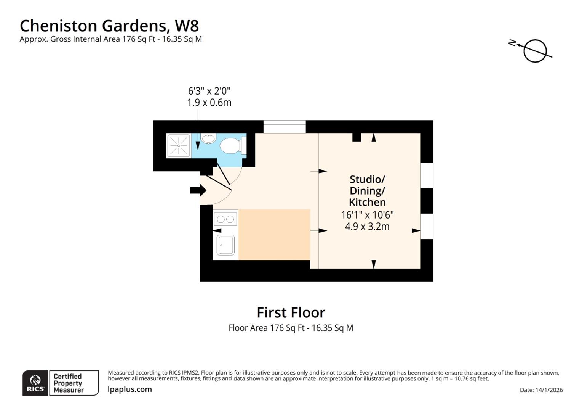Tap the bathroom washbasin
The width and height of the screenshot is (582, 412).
pos(208,138)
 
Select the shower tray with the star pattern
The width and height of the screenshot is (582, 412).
pos(178,146)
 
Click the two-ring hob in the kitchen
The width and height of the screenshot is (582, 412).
pos(225,219)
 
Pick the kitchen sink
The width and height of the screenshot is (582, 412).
pos(225,245)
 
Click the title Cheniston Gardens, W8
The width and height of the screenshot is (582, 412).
pos(109,26)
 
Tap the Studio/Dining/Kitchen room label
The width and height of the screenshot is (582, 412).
pos(367,191)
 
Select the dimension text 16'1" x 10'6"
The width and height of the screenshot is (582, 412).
pos(367,215)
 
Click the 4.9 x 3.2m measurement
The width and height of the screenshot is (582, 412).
pos(367,227)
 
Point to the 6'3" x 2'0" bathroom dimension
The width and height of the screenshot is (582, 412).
pos(209,91)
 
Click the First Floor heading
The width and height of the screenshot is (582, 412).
pos(291,313)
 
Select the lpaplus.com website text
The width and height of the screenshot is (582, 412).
pos(130,389)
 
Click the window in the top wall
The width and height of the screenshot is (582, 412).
pos(285,127)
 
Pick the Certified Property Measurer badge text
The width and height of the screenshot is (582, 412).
pos(68,383)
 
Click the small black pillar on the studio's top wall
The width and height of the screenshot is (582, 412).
pos(357,137)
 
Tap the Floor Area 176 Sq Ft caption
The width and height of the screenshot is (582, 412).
pos(291,328)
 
